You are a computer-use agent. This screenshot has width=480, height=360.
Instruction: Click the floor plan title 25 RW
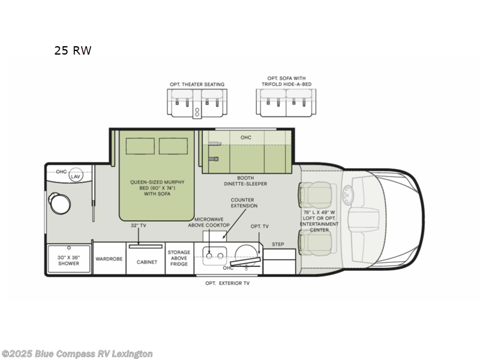73,50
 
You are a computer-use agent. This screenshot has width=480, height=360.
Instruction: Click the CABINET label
146,262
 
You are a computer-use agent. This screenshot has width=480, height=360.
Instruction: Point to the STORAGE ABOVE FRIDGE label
178,258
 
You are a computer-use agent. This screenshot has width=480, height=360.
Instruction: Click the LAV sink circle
76,176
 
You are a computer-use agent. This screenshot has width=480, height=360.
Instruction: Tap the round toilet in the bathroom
61,202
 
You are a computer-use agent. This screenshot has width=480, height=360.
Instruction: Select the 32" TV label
139,226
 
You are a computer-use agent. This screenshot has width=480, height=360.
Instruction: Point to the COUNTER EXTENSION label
245,202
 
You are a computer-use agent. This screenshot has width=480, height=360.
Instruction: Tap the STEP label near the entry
278,244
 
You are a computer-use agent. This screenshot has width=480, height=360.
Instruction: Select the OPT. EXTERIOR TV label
227,283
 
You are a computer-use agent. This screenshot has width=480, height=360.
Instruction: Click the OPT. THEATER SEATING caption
197,84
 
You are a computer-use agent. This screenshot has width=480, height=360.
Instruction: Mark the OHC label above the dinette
245,137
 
